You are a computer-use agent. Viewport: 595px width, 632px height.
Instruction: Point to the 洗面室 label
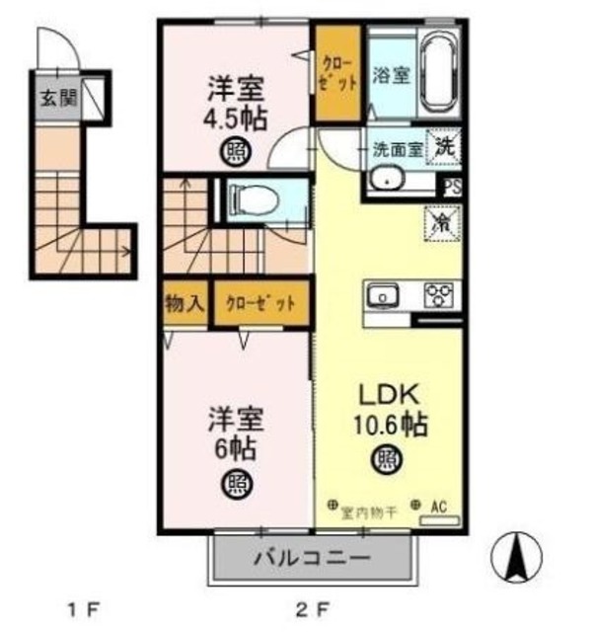(396, 151)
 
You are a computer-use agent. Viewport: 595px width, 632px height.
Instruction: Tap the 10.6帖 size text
(389, 425)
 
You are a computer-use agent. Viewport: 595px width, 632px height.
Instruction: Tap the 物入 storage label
(185, 301)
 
